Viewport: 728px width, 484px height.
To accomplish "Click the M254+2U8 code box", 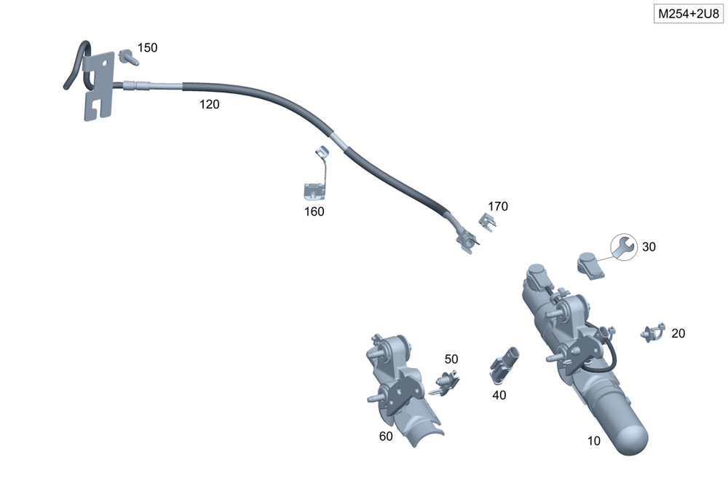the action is [689, 13].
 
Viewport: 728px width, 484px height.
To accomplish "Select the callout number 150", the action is [147, 47].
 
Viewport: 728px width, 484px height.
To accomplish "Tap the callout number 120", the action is [210, 104].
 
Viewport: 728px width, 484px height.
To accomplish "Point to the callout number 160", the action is [314, 211].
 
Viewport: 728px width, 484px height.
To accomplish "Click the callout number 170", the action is [498, 206].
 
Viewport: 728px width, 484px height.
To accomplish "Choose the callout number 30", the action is [649, 246].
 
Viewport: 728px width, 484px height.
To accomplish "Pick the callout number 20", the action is [678, 333].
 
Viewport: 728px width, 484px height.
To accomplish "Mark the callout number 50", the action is [451, 359].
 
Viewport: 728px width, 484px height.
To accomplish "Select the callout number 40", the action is [499, 395].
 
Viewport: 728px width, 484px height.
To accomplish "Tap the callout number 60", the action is [386, 436].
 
